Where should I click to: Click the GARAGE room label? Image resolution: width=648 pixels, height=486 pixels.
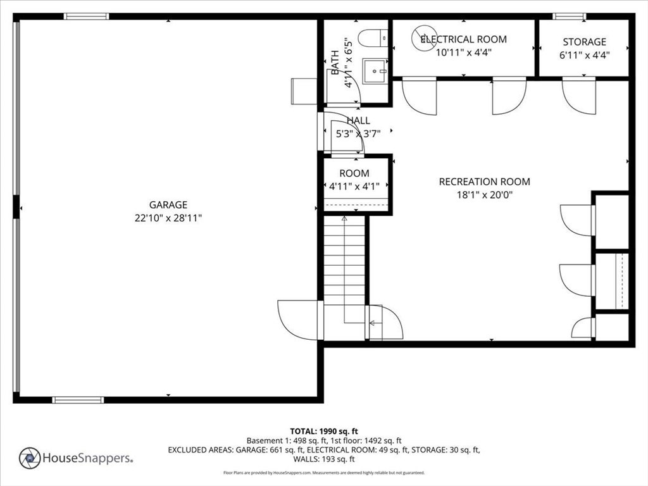(x=168, y=205)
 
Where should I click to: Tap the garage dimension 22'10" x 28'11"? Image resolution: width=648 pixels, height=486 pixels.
(x=168, y=218)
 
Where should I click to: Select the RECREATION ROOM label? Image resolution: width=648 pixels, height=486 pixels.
(x=484, y=182)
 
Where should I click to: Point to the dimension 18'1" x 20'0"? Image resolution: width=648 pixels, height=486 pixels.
(x=484, y=195)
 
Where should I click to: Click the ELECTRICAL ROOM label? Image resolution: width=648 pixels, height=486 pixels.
(x=464, y=39)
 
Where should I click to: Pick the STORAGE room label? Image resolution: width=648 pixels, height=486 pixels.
(x=584, y=42)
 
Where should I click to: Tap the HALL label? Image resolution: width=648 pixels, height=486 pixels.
(x=358, y=120)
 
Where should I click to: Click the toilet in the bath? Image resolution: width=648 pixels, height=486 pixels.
(x=372, y=38)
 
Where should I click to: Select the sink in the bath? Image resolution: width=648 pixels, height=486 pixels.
(x=375, y=71)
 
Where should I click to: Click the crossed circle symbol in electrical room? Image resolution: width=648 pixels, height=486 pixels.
(x=424, y=37)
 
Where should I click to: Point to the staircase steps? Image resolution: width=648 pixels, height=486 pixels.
(x=344, y=260)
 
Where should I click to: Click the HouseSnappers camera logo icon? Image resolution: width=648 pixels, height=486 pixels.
(x=30, y=458)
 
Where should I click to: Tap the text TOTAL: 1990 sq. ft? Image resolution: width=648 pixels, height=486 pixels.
(x=324, y=432)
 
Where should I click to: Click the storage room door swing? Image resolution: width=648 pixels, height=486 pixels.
(x=578, y=96)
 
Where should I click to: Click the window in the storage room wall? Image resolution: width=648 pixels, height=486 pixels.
(x=569, y=16)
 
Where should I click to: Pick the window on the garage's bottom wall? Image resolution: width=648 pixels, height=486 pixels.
(x=78, y=400)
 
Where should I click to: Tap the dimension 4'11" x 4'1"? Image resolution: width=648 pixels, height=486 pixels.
(x=354, y=187)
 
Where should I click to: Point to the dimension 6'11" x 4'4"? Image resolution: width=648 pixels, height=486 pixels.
(x=584, y=55)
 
